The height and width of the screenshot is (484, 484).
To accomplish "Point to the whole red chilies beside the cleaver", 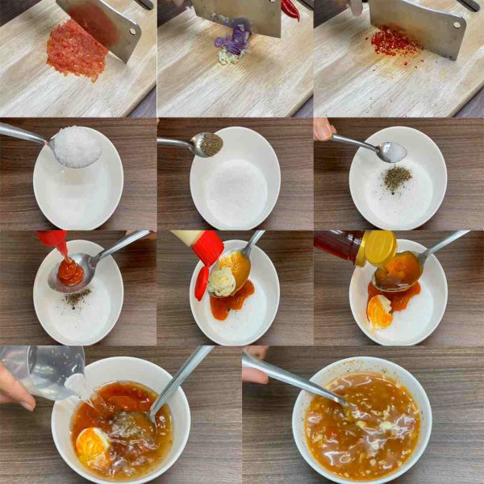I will click(290, 9).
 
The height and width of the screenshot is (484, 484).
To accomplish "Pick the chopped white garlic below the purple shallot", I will click(229, 57).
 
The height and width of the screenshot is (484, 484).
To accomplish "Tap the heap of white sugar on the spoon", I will click(77, 147).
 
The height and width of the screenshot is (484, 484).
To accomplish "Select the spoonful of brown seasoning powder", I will click(211, 144).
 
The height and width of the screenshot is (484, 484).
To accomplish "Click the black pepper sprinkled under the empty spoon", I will click(396, 177).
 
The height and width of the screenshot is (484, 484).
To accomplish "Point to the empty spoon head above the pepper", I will click(392, 152).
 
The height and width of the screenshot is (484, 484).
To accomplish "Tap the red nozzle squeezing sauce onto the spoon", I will click(54, 240).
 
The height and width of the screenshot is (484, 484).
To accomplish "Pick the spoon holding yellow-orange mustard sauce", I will click(234, 265).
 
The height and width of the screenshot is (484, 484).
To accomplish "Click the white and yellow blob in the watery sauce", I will click(92, 444).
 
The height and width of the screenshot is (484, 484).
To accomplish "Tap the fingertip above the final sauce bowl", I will click(253, 375).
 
